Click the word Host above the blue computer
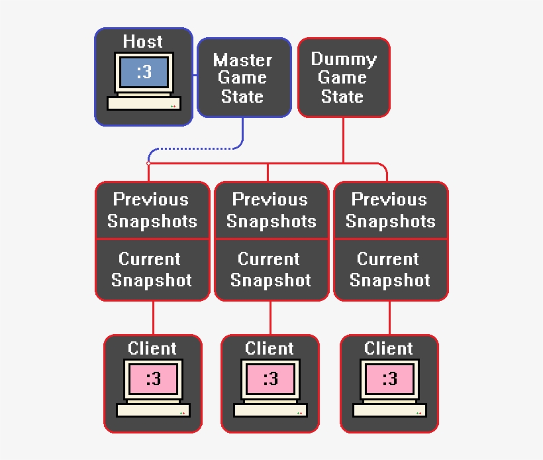[x=142, y=41]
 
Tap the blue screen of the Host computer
[x=144, y=72]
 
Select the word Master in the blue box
[x=242, y=60]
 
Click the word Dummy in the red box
[x=344, y=59]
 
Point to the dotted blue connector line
[x=195, y=148]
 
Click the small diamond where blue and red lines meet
[x=148, y=163]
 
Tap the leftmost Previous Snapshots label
[x=152, y=210]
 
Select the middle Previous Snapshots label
[x=271, y=210]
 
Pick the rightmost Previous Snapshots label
[x=390, y=210]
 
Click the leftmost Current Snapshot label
[x=152, y=269]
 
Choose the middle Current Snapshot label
[x=270, y=269]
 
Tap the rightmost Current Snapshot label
[x=389, y=269]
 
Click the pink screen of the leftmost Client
[x=153, y=379]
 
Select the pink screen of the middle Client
[x=270, y=379]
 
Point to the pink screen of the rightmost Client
[x=389, y=379]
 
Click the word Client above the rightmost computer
[x=388, y=348]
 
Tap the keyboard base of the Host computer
[x=144, y=103]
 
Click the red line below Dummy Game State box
[x=343, y=140]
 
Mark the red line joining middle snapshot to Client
[x=270, y=318]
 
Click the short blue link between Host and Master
[x=195, y=75]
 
